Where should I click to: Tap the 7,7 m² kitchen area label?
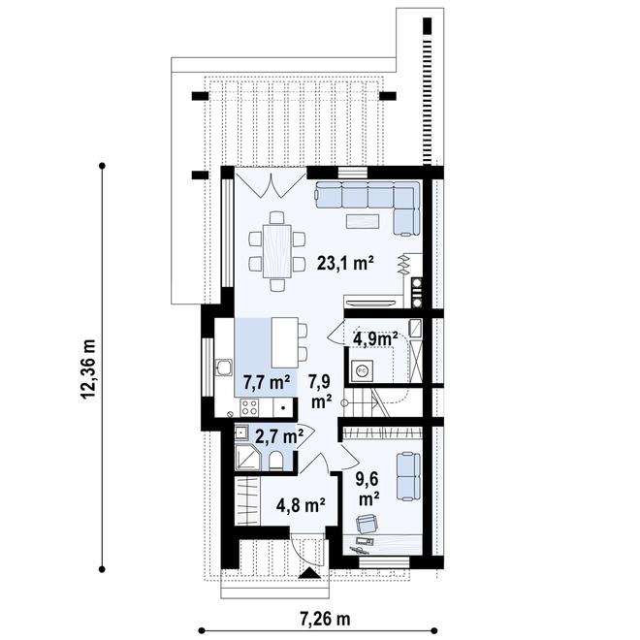coord(263,380)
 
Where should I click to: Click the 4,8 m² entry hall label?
coord(300,504)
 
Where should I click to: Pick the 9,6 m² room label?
coord(368,487)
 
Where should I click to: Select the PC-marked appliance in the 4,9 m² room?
coord(363,368)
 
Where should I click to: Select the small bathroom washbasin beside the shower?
coord(245,433)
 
